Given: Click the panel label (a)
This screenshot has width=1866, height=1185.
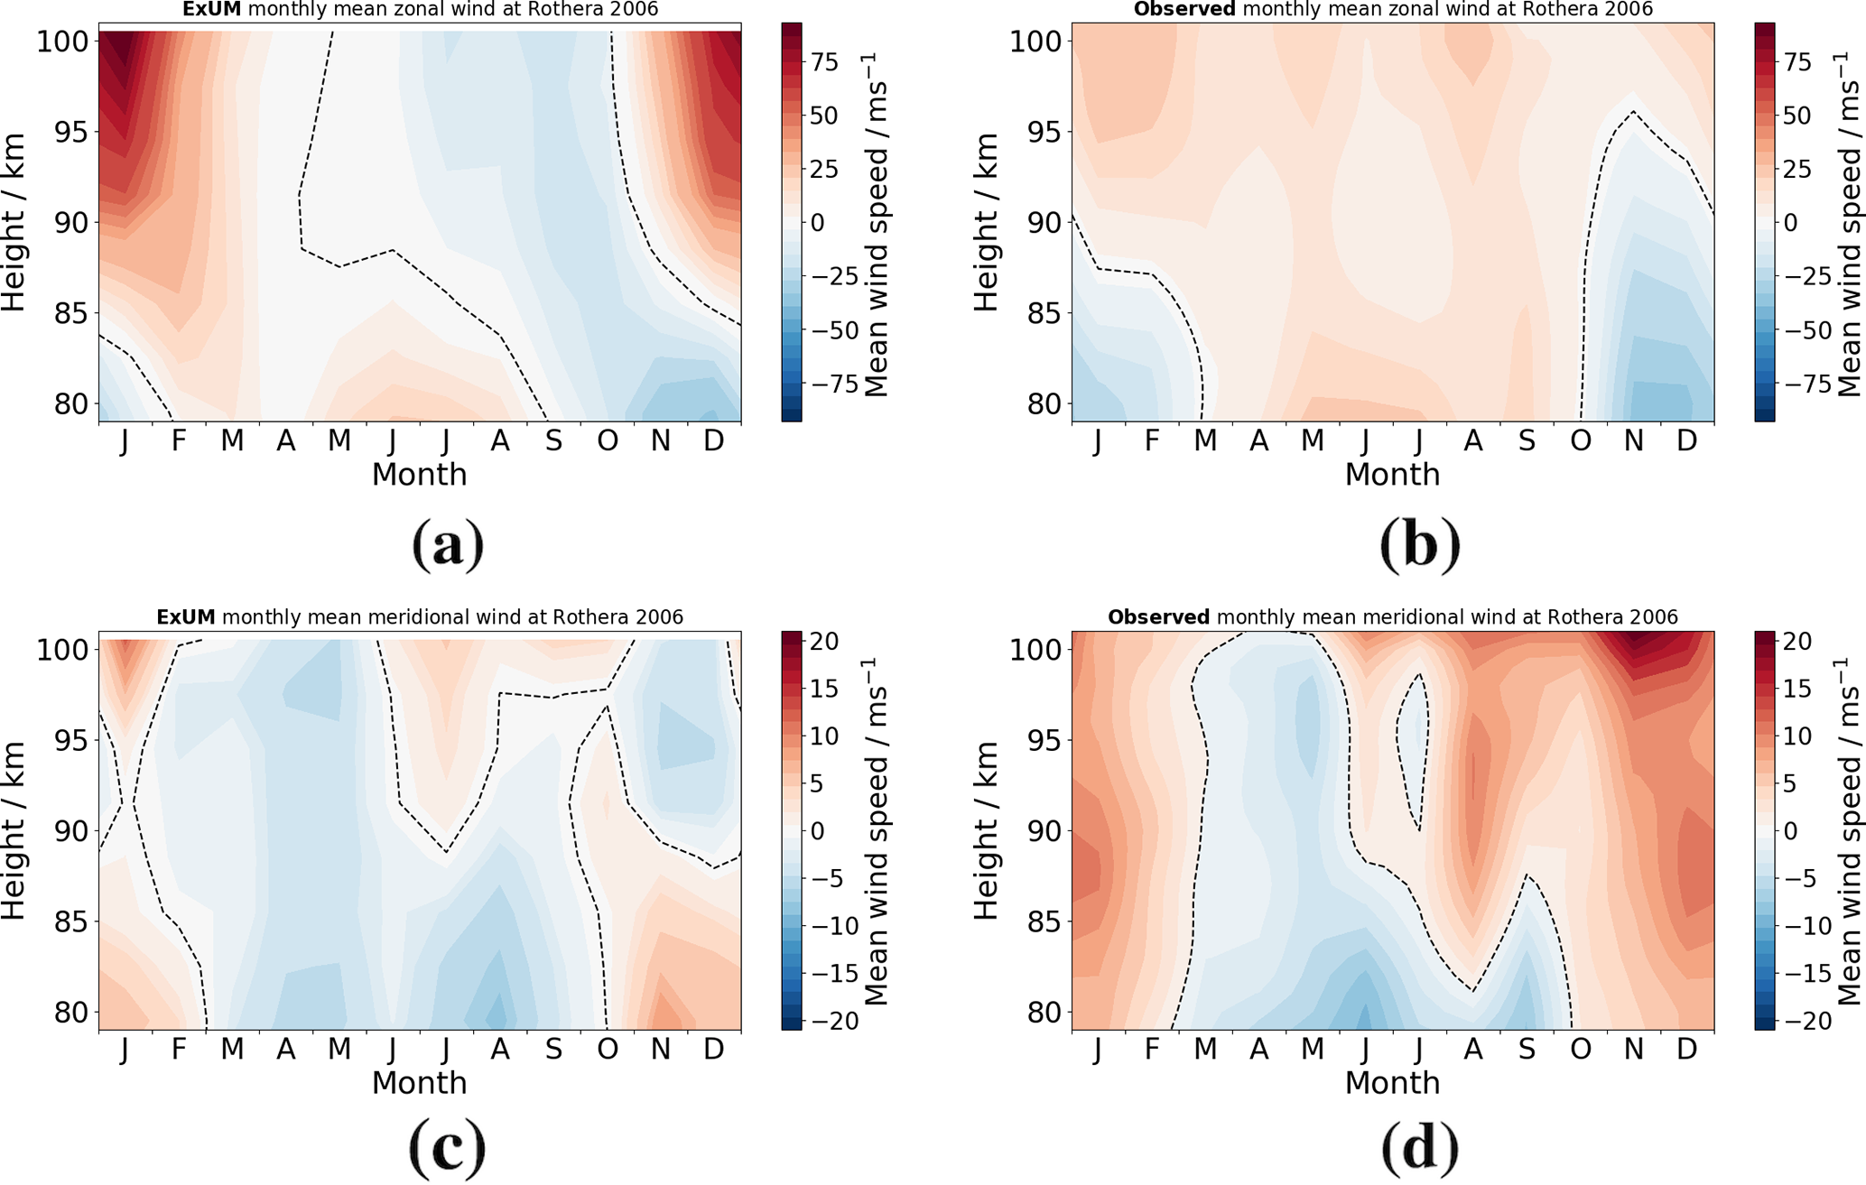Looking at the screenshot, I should pyautogui.click(x=448, y=544).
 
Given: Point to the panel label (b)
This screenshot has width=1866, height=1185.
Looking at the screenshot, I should pyautogui.click(x=1420, y=544).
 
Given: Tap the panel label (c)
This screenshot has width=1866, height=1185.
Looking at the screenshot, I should pyautogui.click(x=448, y=1147).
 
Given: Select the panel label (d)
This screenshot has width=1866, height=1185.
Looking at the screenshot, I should pyautogui.click(x=1420, y=1147).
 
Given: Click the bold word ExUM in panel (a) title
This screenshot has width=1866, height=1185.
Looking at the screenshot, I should pyautogui.click(x=211, y=10).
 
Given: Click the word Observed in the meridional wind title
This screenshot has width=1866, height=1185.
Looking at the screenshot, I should pyautogui.click(x=1158, y=617).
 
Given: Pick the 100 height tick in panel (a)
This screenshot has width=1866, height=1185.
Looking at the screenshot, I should pyautogui.click(x=61, y=42).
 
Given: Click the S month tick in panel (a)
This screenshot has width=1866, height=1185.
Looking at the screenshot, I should pyautogui.click(x=553, y=441).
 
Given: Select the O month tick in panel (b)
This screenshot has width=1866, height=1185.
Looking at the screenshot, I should pyautogui.click(x=1580, y=441).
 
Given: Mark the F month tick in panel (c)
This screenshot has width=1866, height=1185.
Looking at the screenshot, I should pyautogui.click(x=179, y=1050).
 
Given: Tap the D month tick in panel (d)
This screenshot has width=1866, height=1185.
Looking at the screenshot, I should pyautogui.click(x=1686, y=1050).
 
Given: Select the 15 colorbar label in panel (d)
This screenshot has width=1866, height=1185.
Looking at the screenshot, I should pyautogui.click(x=1797, y=689).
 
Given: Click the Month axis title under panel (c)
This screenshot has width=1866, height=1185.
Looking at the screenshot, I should pyautogui.click(x=420, y=1083).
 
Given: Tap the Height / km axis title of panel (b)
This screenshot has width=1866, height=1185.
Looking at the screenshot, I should pyautogui.click(x=987, y=222).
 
